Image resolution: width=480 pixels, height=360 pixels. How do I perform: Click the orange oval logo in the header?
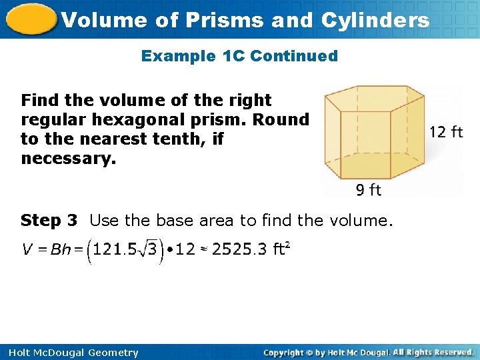(30, 19)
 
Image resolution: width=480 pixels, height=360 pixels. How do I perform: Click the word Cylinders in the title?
(375, 20)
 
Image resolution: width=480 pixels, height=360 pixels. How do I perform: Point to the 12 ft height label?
(446, 132)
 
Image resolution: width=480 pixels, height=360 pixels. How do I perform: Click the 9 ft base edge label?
(368, 191)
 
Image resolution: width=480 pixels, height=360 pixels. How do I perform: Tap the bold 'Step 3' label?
(49, 220)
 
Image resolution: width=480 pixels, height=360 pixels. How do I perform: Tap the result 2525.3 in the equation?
(239, 250)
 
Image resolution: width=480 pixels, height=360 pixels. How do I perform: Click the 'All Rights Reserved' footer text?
(433, 352)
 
